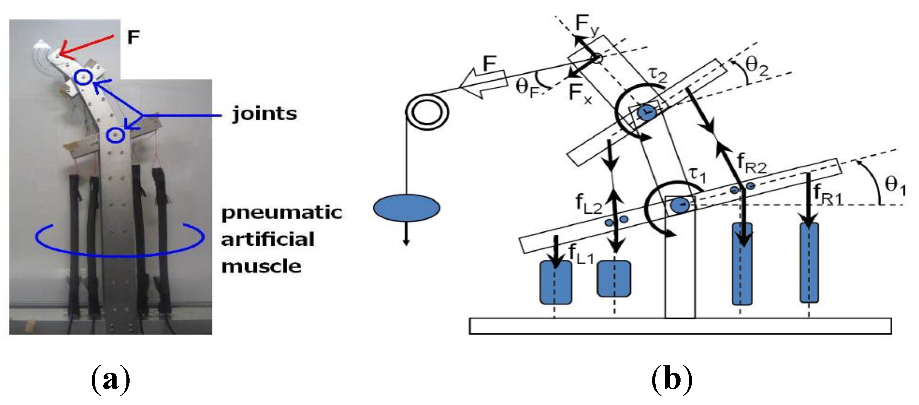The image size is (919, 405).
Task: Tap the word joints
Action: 264,114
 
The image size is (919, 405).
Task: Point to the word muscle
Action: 262,266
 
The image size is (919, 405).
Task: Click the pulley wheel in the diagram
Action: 427,113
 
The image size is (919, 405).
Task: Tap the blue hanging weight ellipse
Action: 406,207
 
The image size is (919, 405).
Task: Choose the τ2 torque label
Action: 657,75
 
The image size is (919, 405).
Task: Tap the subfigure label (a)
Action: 111,380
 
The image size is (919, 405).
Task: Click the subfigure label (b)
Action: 672,380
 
